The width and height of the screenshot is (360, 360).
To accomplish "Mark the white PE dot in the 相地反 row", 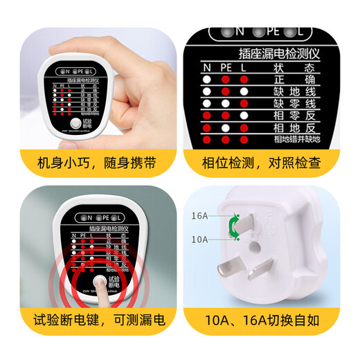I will point(225,128).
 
